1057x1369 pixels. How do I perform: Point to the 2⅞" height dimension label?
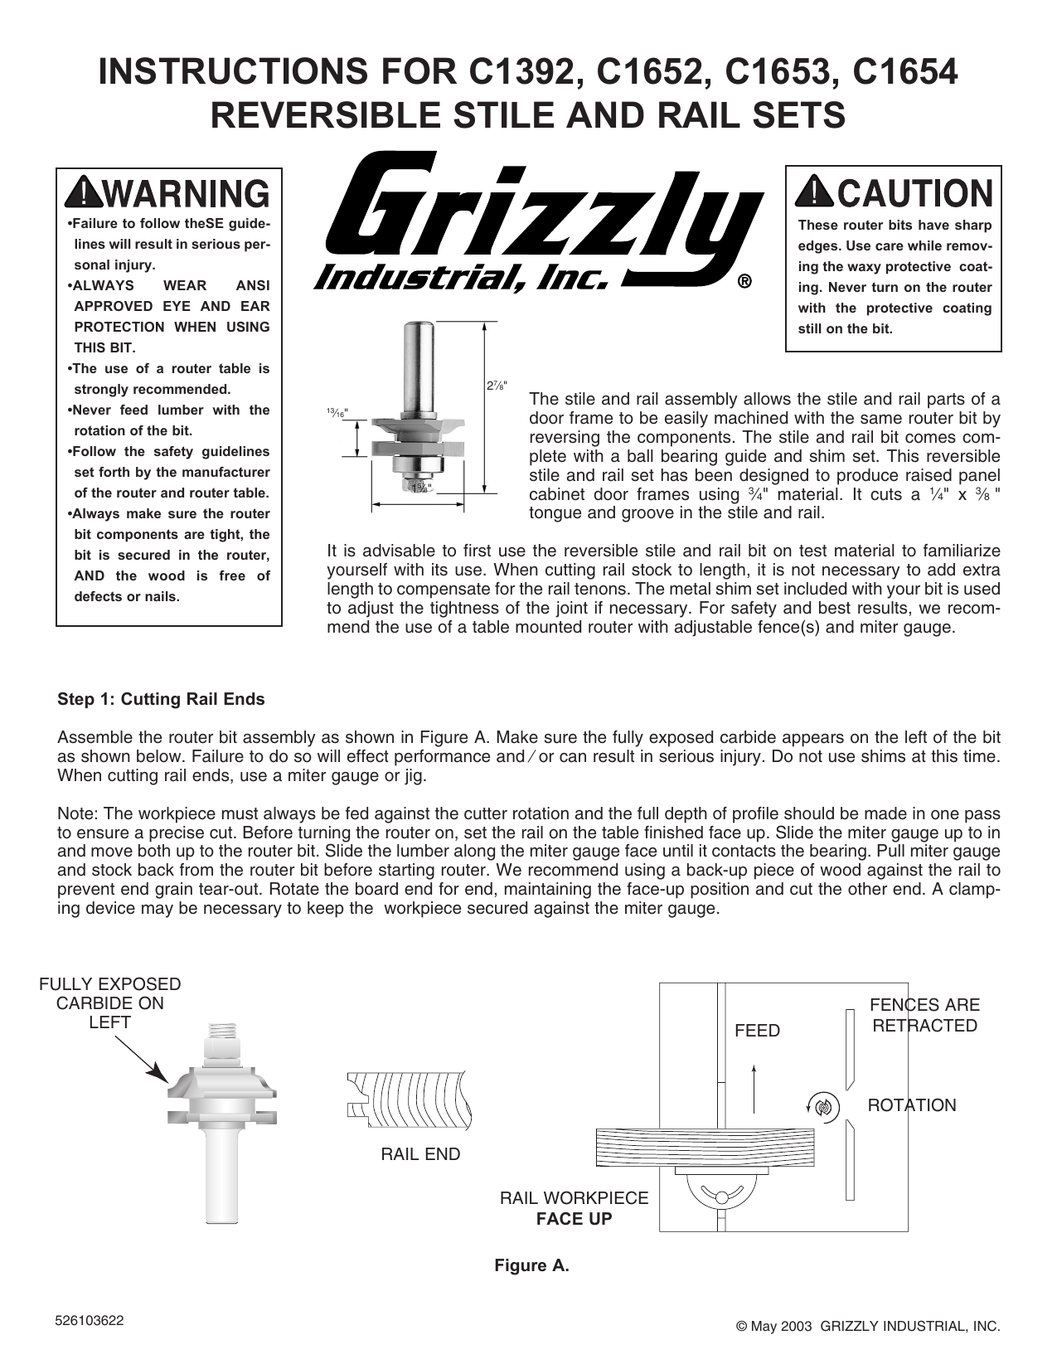pos(494,386)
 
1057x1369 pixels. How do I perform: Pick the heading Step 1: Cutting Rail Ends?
pos(161,699)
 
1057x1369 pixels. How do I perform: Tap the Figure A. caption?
pos(531,1265)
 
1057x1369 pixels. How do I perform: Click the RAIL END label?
pos(420,1154)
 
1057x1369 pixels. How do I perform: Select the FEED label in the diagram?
pos(757,1031)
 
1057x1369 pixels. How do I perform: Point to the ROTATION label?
pos(911,1105)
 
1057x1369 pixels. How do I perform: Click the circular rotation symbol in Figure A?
pos(822,1106)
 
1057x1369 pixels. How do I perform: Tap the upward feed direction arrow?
pos(754,1087)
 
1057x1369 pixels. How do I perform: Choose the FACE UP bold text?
pos(574,1219)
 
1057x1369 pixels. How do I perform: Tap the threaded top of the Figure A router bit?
pos(222,1033)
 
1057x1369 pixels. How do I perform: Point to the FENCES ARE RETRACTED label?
pos(924,1016)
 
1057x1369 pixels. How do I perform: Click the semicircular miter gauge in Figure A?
pos(719,1197)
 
